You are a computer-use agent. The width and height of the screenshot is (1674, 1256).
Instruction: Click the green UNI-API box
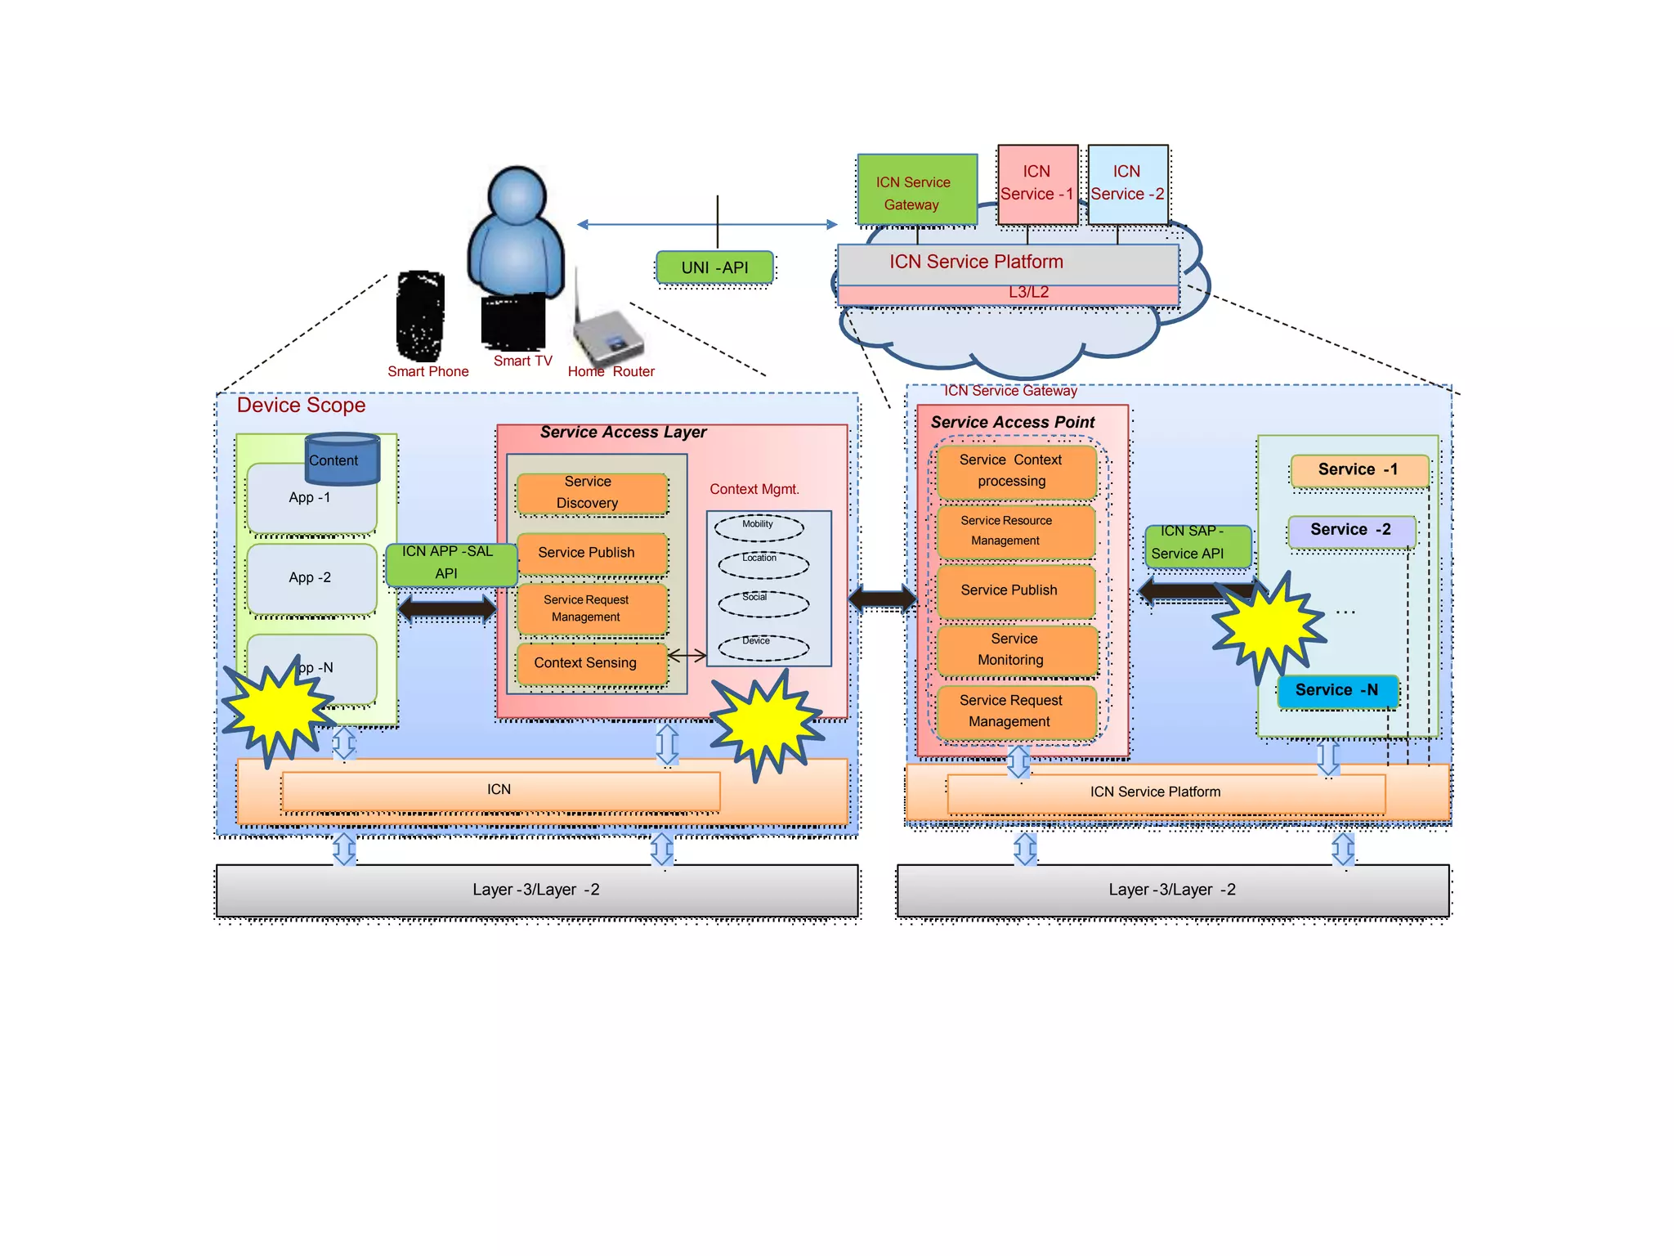click(x=714, y=267)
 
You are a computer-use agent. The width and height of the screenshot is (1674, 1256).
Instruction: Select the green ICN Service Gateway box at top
click(x=916, y=190)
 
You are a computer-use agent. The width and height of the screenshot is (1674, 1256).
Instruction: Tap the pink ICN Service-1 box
click(x=1036, y=184)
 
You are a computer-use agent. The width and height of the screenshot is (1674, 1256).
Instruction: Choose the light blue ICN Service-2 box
click(x=1127, y=184)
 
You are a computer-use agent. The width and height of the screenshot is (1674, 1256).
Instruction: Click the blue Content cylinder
click(x=342, y=460)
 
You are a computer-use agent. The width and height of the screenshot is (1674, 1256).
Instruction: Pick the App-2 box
click(x=311, y=577)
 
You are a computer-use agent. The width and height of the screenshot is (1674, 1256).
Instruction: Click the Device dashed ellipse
click(x=763, y=648)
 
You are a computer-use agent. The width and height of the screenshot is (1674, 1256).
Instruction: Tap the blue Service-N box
click(x=1336, y=691)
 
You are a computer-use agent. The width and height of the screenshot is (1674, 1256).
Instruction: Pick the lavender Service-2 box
click(x=1350, y=531)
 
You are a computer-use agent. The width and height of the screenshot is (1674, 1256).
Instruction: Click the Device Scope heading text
click(x=301, y=406)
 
